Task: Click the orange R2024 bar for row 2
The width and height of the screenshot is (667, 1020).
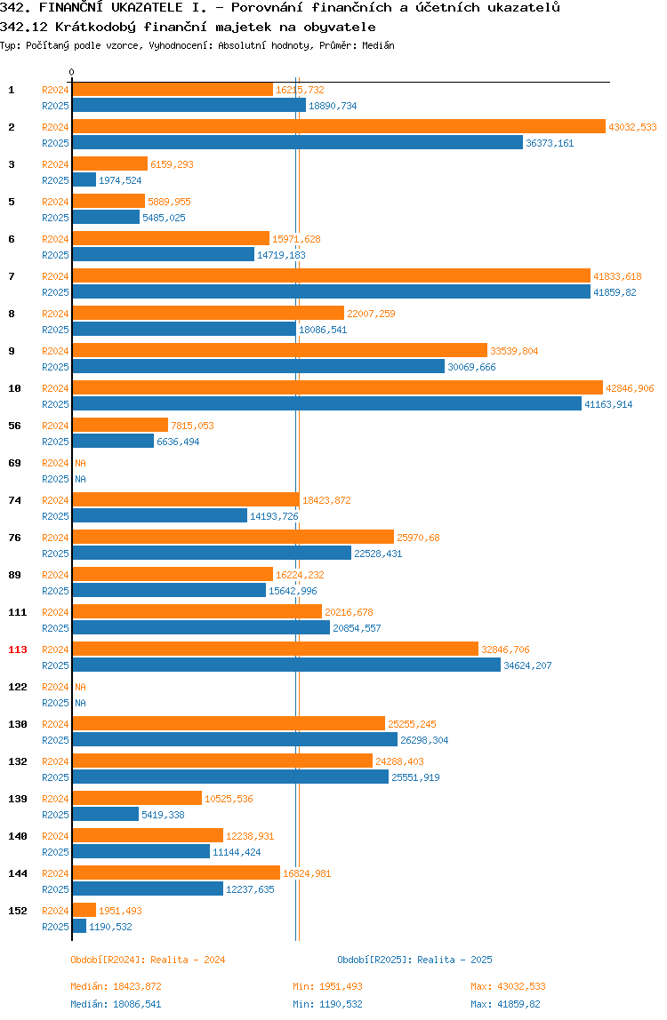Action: click(339, 127)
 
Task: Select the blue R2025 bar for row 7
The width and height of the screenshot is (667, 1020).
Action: click(332, 292)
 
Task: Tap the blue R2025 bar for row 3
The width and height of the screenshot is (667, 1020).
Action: click(84, 180)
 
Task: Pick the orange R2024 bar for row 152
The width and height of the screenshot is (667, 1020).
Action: click(84, 910)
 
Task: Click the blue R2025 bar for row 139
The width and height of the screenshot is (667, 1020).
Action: click(106, 815)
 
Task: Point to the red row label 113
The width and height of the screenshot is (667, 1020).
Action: click(18, 649)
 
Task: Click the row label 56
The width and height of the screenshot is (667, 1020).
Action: click(14, 426)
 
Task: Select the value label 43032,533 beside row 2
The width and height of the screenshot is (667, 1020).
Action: click(632, 128)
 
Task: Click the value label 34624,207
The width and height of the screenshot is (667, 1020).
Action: click(527, 666)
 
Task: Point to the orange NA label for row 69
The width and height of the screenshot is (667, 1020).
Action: click(81, 463)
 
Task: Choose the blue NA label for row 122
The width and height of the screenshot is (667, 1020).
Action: click(81, 703)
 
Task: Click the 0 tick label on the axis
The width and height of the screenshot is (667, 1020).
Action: click(72, 72)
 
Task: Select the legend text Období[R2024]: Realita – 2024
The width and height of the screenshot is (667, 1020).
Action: click(148, 960)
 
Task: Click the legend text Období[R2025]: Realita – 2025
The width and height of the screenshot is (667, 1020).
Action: click(415, 960)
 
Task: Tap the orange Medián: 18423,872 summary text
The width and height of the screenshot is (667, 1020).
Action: click(116, 987)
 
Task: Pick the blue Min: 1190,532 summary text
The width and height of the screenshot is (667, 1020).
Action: click(327, 1004)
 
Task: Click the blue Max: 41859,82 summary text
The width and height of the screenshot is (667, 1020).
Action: click(505, 1004)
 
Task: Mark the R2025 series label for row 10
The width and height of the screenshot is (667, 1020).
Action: click(55, 404)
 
